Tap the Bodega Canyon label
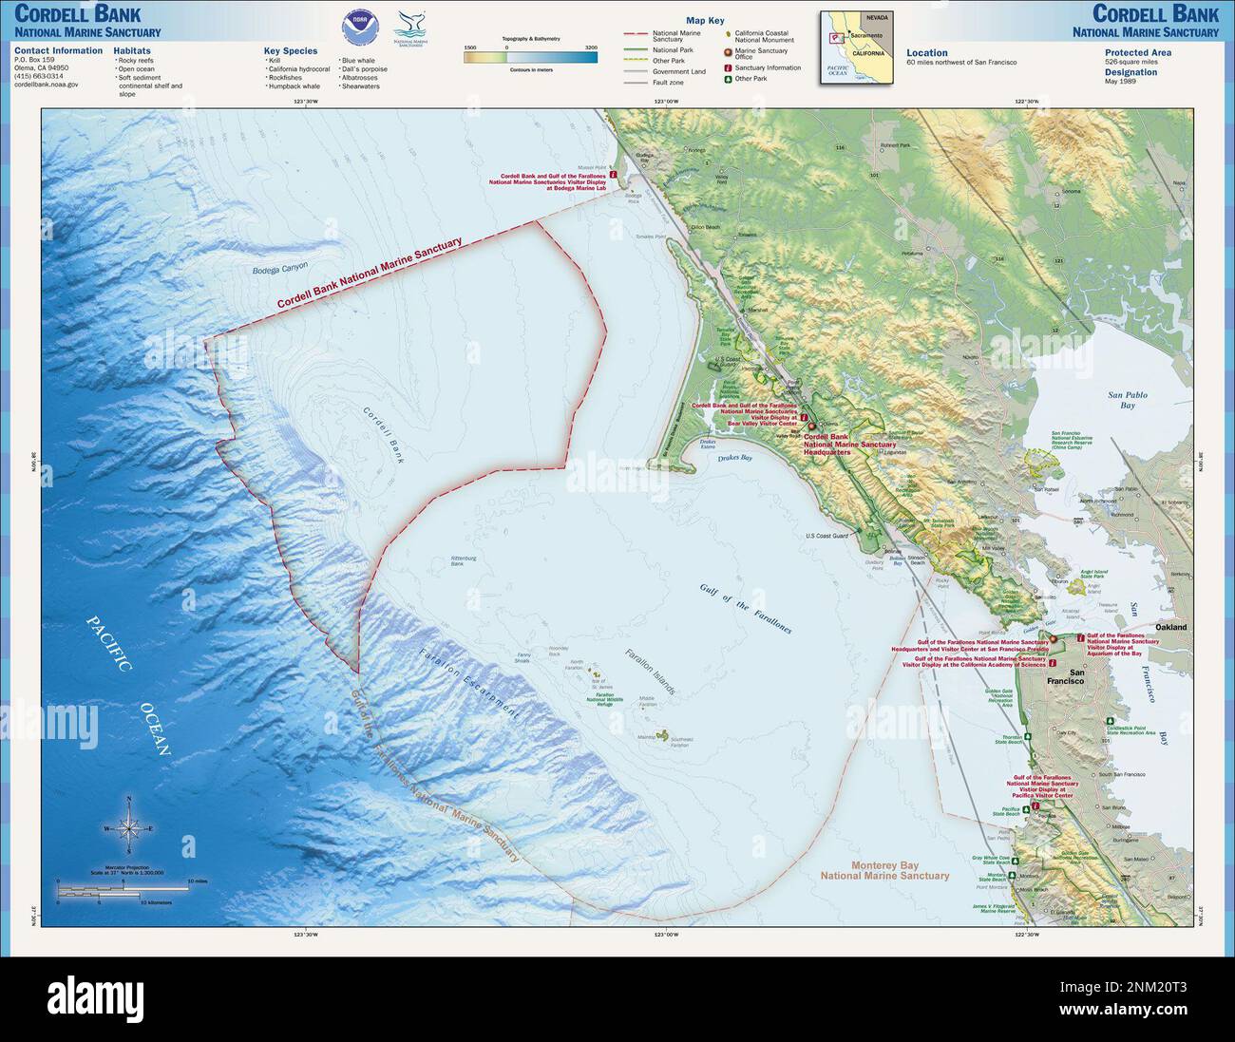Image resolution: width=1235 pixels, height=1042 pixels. coord(280,269)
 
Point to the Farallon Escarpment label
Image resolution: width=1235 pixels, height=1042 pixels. coord(467,683)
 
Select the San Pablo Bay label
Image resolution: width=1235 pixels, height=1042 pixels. coord(1128,400)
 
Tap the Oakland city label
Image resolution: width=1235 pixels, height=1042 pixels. coord(1170,628)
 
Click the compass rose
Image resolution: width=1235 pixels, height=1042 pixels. coord(130,828)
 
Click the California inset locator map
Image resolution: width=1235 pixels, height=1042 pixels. coord(856,47)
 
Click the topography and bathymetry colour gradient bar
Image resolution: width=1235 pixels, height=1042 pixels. coord(530,57)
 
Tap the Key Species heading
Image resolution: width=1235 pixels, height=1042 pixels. coord(291,51)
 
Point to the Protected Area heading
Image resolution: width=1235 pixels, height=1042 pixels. coord(1138,53)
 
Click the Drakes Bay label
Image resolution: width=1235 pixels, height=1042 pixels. coord(734,458)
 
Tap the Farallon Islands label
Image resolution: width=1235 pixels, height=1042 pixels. coord(650,673)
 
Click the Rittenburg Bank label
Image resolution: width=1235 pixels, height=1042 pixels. coord(464,561)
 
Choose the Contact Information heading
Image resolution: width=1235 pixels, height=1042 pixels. coord(59,50)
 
